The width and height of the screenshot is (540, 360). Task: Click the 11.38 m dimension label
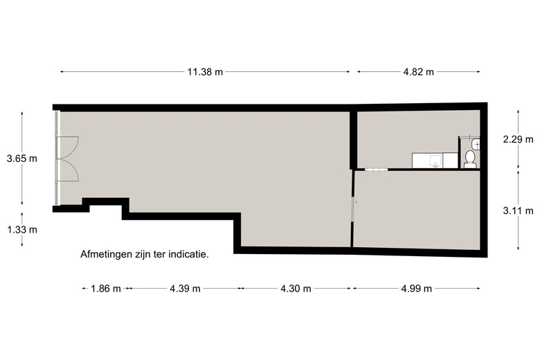pos(206,72)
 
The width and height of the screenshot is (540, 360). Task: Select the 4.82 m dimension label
pos(417,72)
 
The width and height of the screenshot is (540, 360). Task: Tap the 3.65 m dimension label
pos(21,159)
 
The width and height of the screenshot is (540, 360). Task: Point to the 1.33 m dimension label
pos(21,230)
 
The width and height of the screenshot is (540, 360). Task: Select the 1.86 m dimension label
pos(106,289)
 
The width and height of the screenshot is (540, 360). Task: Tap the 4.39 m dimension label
pos(185,289)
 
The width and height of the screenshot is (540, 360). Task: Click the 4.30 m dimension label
pos(296,289)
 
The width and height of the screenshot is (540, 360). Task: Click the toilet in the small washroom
pos(471,159)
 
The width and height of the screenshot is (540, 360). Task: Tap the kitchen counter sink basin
pos(435,161)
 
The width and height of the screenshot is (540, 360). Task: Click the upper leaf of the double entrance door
pos(68,146)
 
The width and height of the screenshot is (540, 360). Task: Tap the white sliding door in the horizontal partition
pos(375,168)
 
